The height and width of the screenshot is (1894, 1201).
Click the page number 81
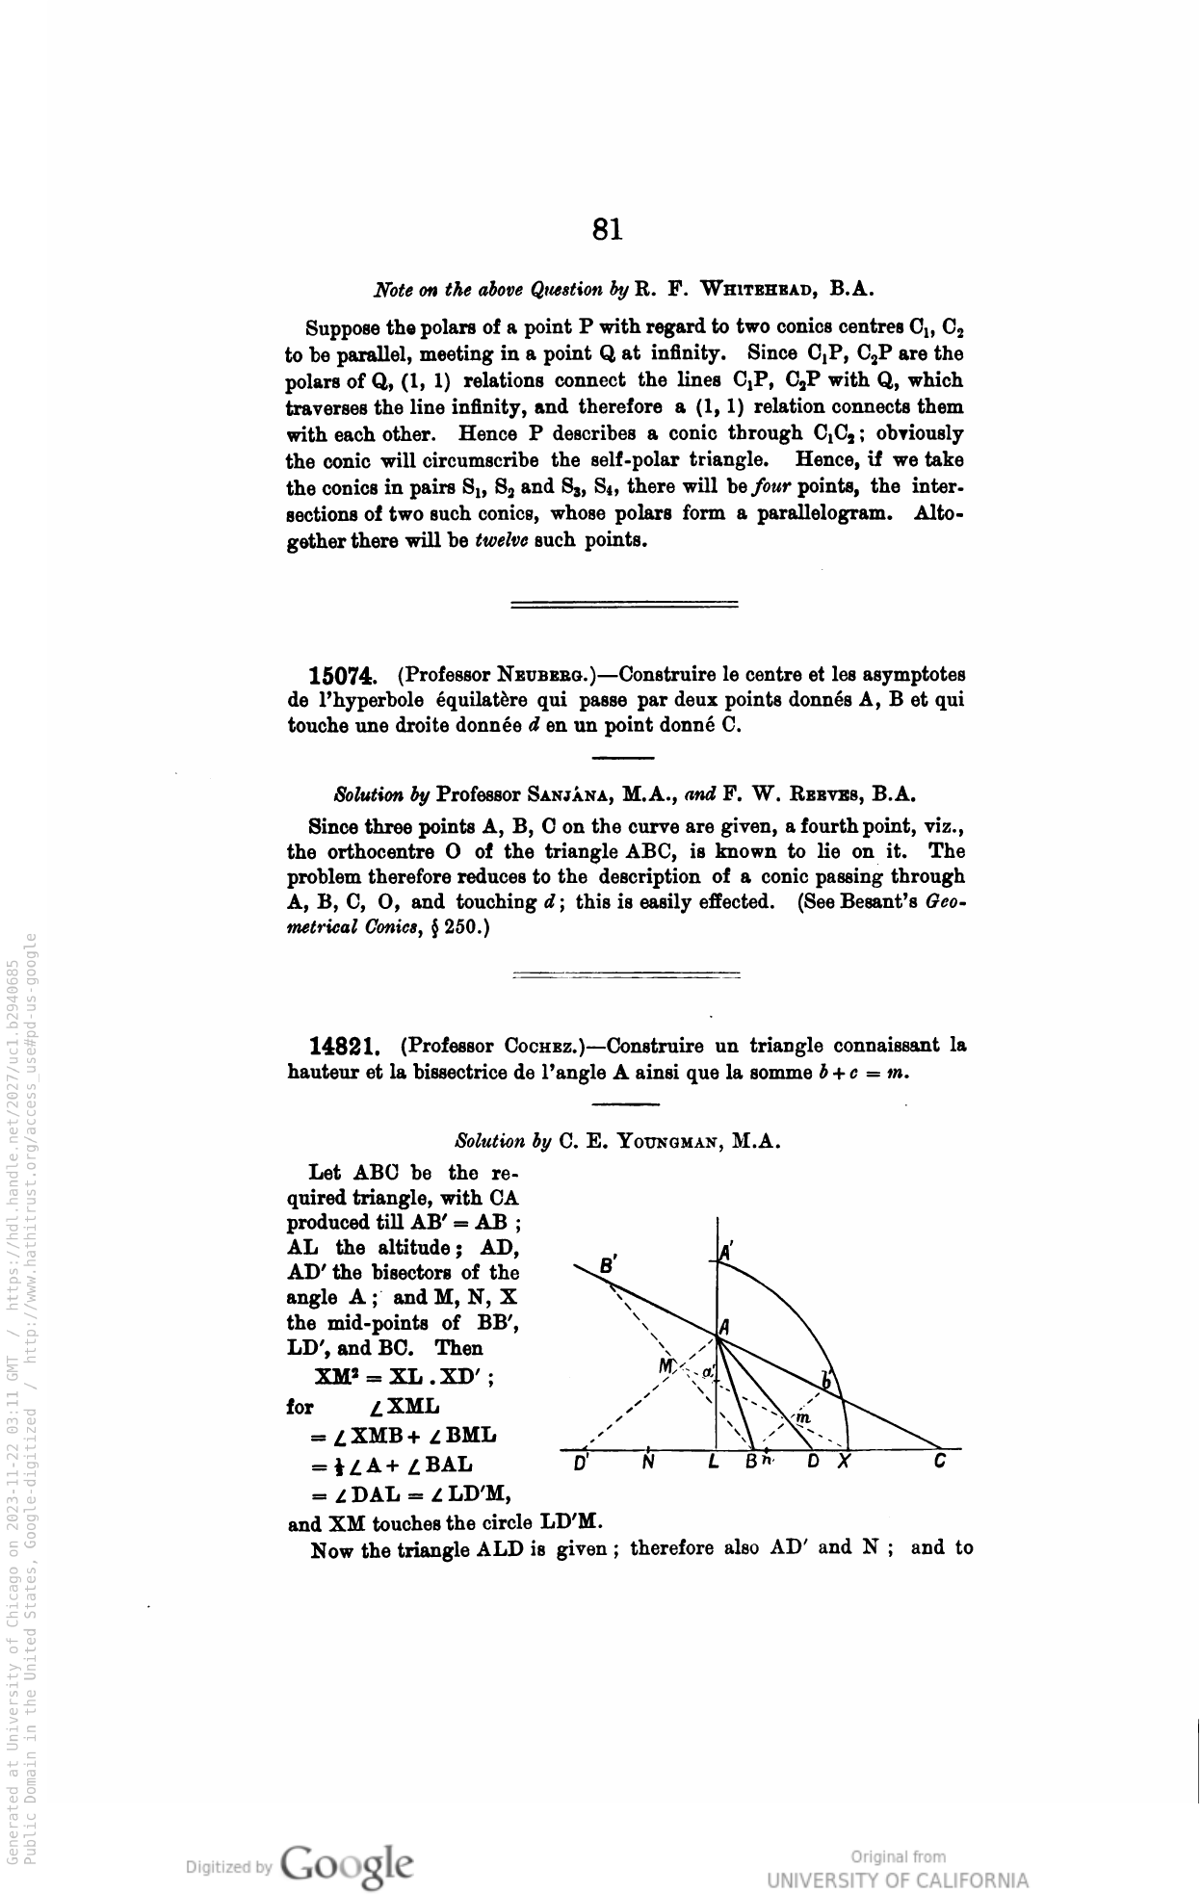pyautogui.click(x=608, y=229)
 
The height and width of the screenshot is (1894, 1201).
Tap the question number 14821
pyautogui.click(x=342, y=1046)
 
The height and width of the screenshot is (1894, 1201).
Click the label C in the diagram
pyautogui.click(x=940, y=1462)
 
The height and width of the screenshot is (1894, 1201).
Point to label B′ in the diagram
pyautogui.click(x=608, y=1266)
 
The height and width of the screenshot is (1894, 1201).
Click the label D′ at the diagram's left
pyautogui.click(x=581, y=1464)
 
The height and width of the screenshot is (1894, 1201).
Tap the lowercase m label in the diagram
pyautogui.click(x=802, y=1417)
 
